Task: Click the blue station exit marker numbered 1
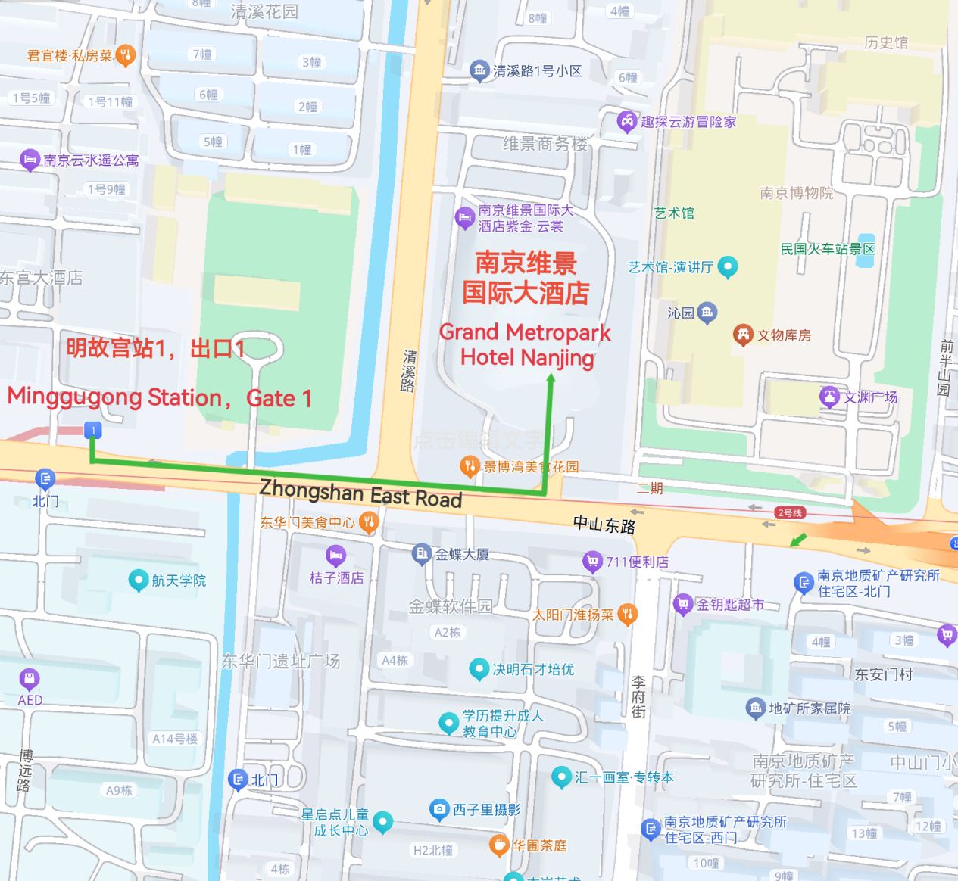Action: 93,431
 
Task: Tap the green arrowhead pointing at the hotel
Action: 551,378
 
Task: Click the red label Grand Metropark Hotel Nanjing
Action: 526,344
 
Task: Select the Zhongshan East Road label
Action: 360,493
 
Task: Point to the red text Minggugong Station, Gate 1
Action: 160,397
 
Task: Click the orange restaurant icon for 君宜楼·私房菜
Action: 126,54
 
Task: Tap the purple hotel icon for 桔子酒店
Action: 335,556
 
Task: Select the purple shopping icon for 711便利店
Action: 592,561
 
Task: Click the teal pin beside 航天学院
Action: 139,580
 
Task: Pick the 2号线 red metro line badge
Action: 790,513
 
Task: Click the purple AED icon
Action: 30,678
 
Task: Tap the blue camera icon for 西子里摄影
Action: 439,809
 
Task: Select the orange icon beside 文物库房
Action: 743,334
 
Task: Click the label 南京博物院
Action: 796,193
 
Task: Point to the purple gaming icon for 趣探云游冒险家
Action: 627,120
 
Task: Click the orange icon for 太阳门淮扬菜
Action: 627,614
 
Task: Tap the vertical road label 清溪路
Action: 409,371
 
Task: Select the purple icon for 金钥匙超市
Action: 683,603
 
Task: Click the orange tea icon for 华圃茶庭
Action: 498,844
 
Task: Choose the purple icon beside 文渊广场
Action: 830,397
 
